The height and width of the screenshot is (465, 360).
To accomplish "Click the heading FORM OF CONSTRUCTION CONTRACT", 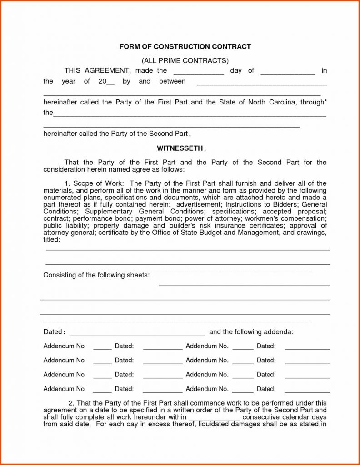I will (185, 47).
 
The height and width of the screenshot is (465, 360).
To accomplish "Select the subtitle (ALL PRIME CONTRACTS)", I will (185, 60).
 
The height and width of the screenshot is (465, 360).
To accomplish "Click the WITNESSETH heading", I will (181, 148).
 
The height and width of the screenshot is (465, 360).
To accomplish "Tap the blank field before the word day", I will (199, 71).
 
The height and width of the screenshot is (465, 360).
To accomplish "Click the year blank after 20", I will (110, 82).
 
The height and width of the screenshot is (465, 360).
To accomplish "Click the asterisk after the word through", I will (325, 101).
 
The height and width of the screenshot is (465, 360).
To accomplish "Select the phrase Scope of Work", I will (98, 183).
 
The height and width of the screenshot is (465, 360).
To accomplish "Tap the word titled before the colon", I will (51, 239).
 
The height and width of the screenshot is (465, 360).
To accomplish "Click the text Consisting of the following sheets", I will (96, 275).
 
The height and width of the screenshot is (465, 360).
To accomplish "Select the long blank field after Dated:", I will (138, 332).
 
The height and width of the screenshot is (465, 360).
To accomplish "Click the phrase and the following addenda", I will (251, 332).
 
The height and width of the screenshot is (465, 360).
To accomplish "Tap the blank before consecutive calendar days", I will (214, 417).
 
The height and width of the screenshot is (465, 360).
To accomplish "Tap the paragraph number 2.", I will (71, 403).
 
